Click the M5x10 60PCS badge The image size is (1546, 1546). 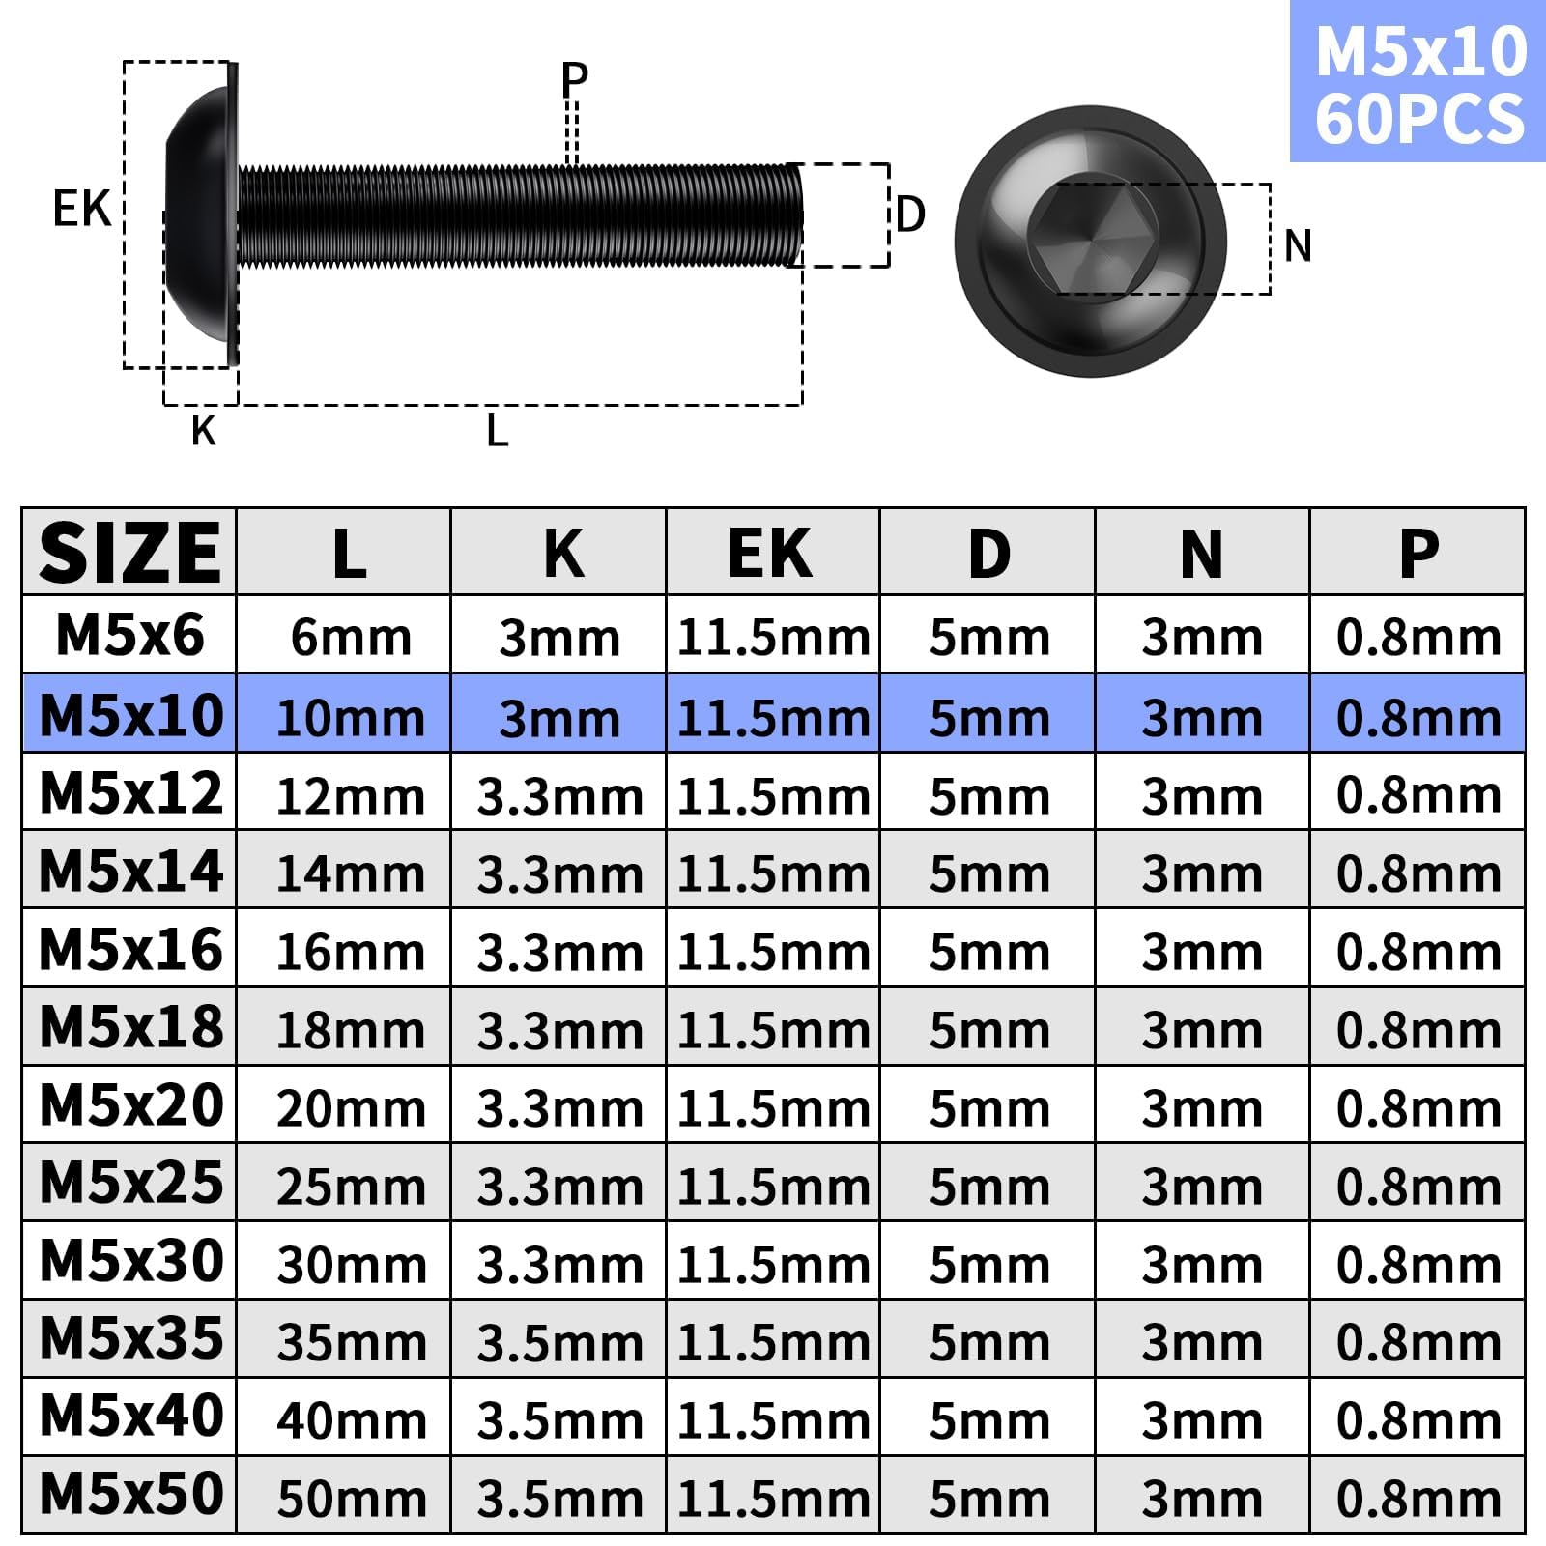pyautogui.click(x=1417, y=81)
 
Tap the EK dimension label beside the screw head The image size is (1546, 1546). pyautogui.click(x=82, y=209)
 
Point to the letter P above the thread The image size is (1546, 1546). pyautogui.click(x=575, y=79)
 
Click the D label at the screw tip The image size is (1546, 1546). pyautogui.click(x=910, y=215)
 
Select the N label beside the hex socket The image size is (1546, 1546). pyautogui.click(x=1298, y=245)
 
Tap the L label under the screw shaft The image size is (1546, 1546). pyautogui.click(x=497, y=430)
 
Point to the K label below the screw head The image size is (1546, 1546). pyautogui.click(x=203, y=431)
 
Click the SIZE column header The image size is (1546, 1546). pyautogui.click(x=129, y=552)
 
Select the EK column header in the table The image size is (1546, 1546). pyautogui.click(x=770, y=554)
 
